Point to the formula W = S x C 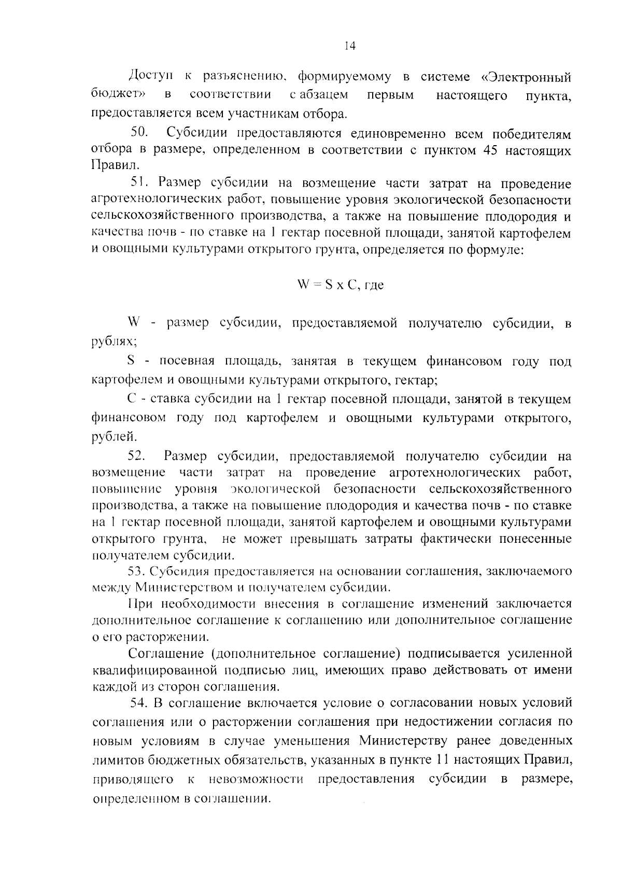tap(327, 285)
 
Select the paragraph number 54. tap(140, 703)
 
